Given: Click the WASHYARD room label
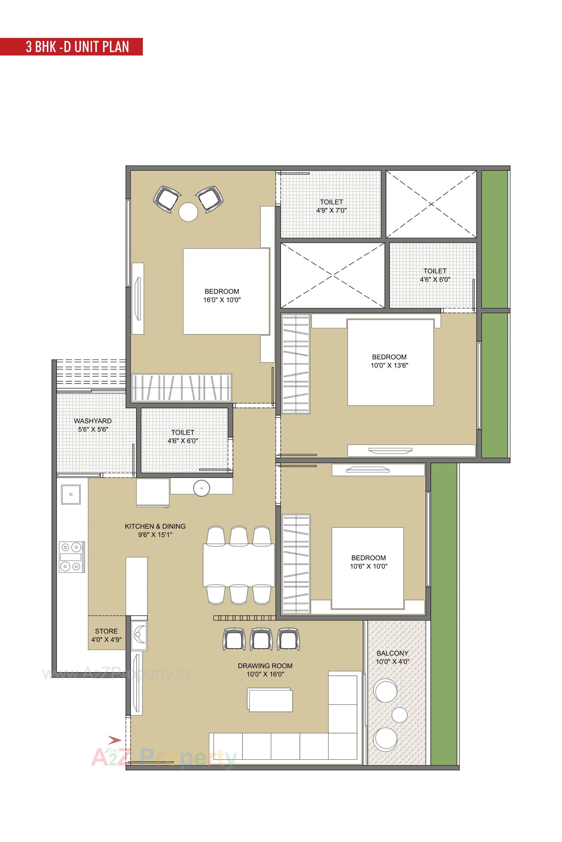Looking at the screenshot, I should (x=93, y=421).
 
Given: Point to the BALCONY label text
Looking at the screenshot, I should (x=393, y=653).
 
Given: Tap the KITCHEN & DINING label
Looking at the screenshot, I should (x=155, y=526).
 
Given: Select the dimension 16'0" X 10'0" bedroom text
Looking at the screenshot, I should (x=222, y=300).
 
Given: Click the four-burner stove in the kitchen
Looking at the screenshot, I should (x=72, y=557).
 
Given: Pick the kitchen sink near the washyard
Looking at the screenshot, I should (x=71, y=494).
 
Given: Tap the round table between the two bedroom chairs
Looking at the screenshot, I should (x=188, y=212).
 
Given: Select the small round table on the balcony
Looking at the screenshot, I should (x=399, y=715).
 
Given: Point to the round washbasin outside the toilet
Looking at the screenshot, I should (x=201, y=488).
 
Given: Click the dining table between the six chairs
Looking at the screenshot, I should (x=239, y=565).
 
